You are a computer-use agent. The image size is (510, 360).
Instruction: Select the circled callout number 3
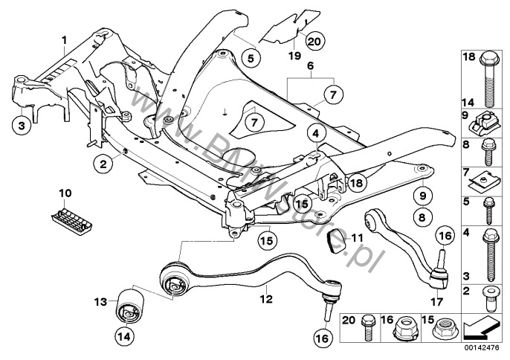click(x=22, y=126)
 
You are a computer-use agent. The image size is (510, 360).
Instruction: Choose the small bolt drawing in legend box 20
click(x=368, y=328)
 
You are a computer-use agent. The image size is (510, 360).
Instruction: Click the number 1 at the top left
click(x=65, y=38)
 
